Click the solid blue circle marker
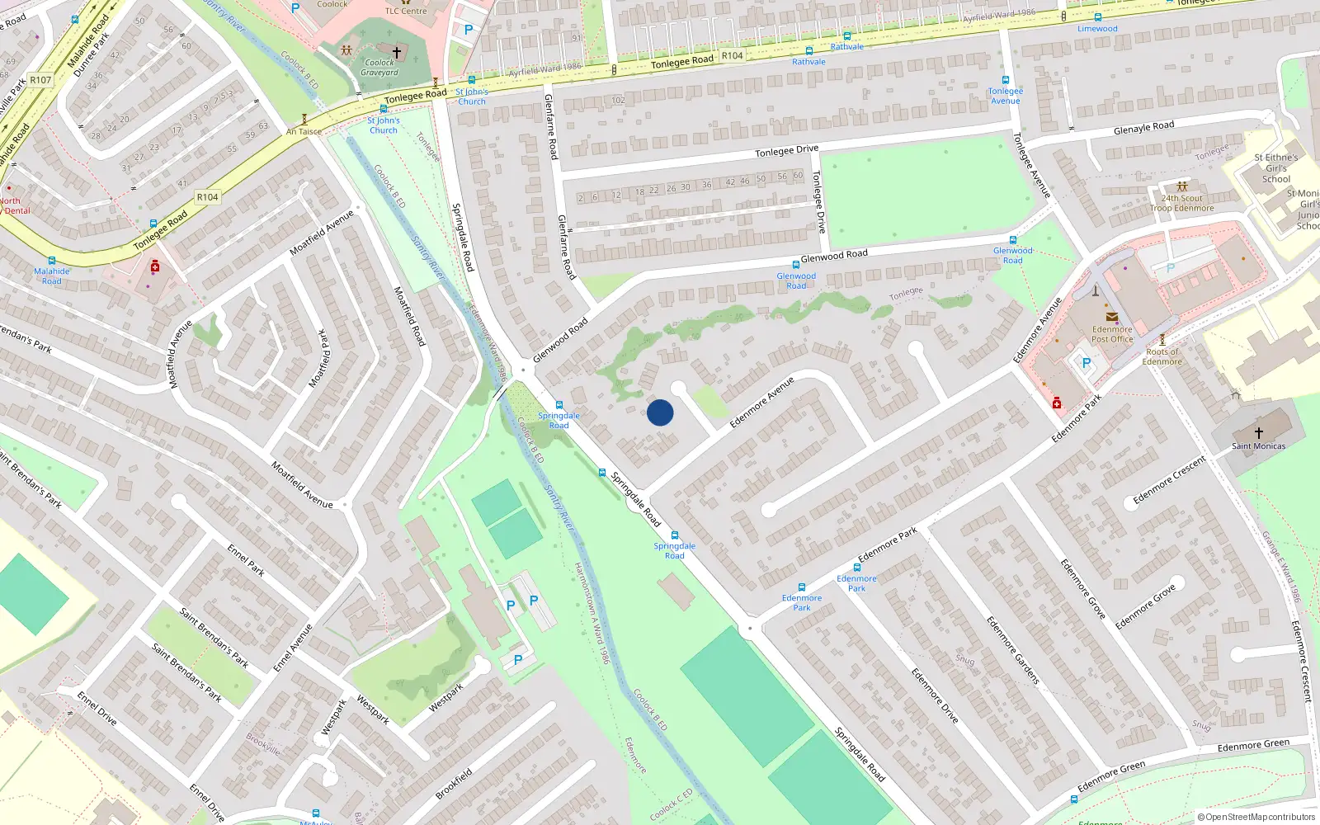[660, 412]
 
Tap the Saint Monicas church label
[1258, 446]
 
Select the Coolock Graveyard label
[379, 68]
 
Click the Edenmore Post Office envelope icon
[1111, 317]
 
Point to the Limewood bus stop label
[1097, 29]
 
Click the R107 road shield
[40, 80]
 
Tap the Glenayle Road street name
[1143, 128]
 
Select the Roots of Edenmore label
[1162, 356]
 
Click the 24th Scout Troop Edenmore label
[1181, 203]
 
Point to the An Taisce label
[304, 131]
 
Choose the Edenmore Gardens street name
[1013, 650]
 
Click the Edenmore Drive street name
[935, 695]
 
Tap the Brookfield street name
[454, 784]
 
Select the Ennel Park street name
[246, 559]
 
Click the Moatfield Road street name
[408, 316]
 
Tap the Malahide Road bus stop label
[51, 276]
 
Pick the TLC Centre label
[406, 11]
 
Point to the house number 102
[618, 101]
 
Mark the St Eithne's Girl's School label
[1275, 168]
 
